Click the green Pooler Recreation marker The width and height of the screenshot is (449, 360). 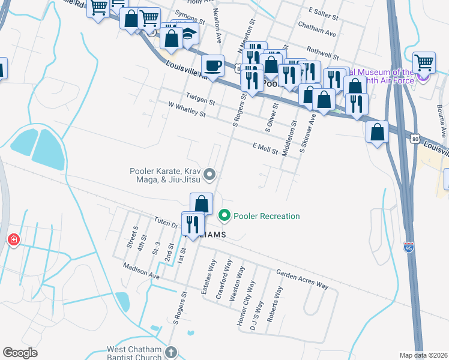[x=225, y=214]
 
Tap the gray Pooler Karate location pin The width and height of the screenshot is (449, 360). [x=209, y=175]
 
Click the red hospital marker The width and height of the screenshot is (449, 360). [x=13, y=241]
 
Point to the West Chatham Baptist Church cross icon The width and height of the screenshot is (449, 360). [x=170, y=352]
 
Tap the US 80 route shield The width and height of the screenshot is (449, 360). [x=415, y=139]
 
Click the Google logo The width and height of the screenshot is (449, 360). [x=20, y=352]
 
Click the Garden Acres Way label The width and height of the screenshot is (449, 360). [x=302, y=280]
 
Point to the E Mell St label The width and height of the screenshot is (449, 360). [x=265, y=148]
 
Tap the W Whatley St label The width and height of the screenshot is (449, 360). [x=187, y=110]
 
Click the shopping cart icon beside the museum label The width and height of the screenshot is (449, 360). [x=424, y=62]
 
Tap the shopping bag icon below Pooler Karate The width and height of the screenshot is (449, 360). [x=202, y=203]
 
